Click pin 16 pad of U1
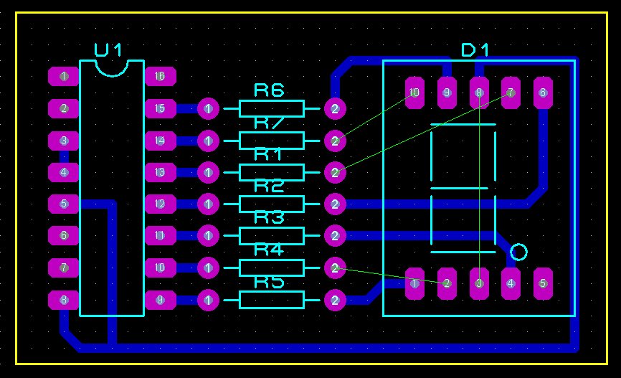point(160,76)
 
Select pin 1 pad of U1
point(64,76)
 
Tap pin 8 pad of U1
point(64,300)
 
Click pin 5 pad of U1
point(64,204)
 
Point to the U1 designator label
point(108,49)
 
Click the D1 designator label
point(475,49)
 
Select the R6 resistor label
point(269,90)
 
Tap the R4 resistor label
point(269,250)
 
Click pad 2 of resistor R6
point(334,109)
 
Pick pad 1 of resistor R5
point(208,300)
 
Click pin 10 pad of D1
point(414,93)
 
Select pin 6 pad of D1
point(542,93)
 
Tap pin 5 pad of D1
point(542,283)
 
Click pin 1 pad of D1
point(414,283)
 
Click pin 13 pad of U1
point(160,172)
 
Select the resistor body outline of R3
point(271,236)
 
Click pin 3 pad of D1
point(478,283)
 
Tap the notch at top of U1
point(112,67)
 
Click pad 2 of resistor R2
point(334,204)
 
